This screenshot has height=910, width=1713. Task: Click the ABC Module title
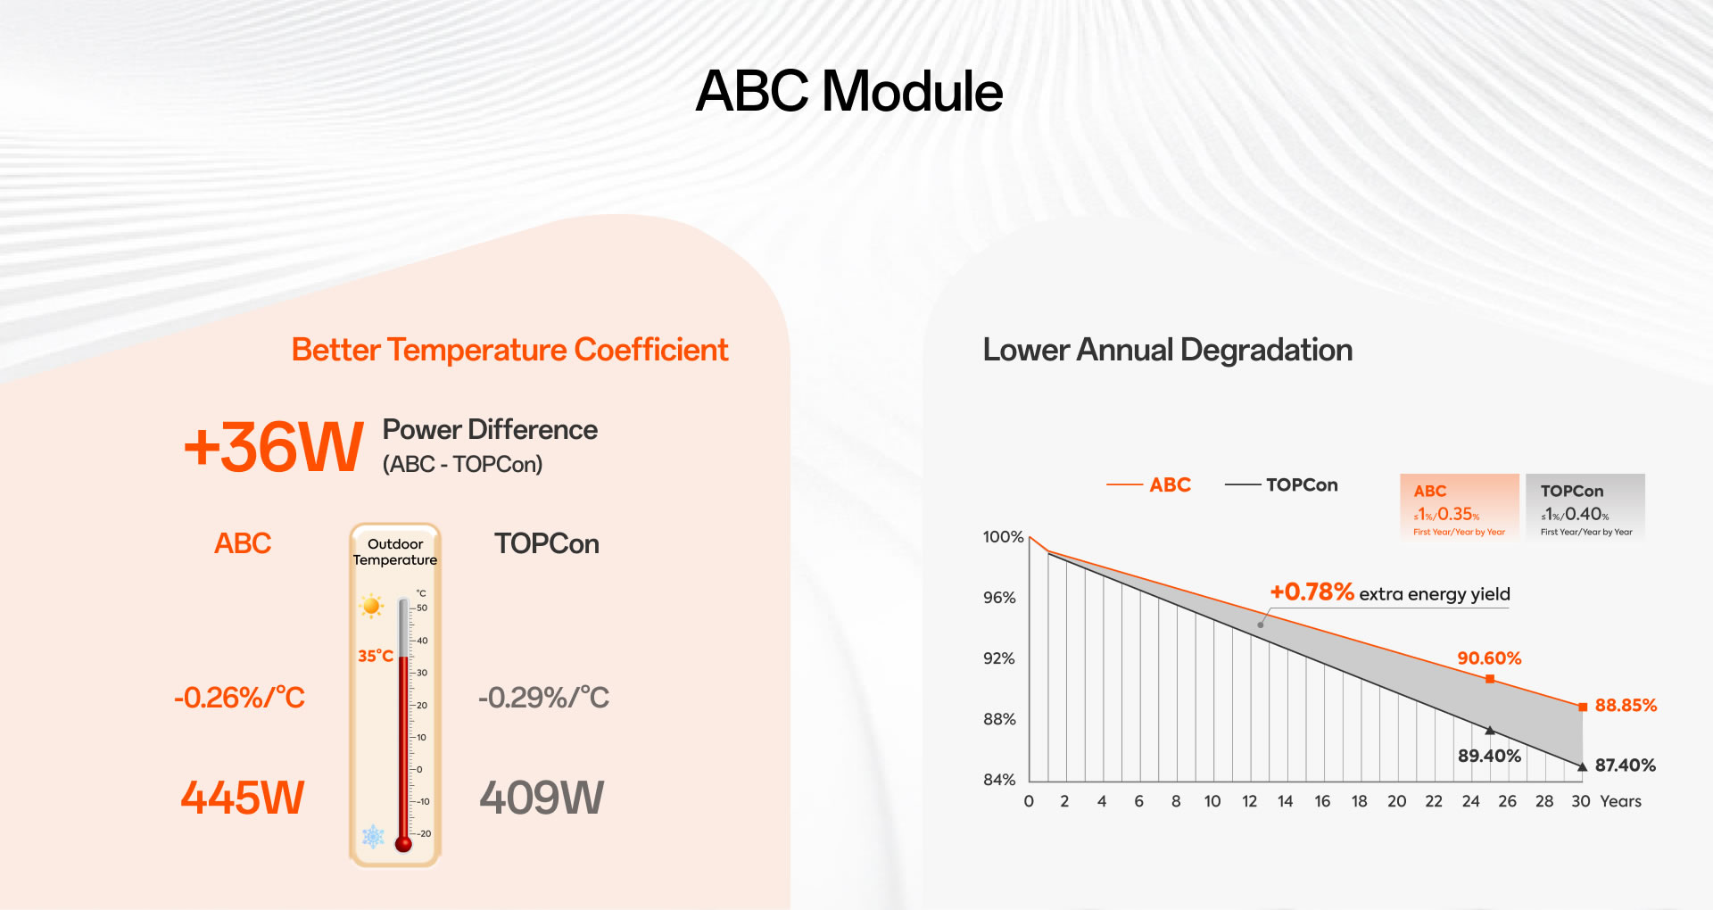tap(848, 91)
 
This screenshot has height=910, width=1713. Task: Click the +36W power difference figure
tap(273, 447)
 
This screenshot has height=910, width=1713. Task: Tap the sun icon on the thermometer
tap(371, 606)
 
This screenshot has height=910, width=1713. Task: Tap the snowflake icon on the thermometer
tap(373, 837)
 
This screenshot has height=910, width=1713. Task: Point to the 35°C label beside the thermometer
tap(375, 656)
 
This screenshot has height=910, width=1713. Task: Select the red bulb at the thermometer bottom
tap(403, 843)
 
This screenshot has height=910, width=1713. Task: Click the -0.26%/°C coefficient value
tap(239, 697)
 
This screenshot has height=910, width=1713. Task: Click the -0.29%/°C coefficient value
tap(543, 697)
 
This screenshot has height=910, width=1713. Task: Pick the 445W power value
tap(243, 798)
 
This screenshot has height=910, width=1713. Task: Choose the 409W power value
tap(542, 798)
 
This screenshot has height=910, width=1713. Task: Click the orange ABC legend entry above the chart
tap(1151, 484)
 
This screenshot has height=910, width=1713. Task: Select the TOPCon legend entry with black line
tap(1283, 484)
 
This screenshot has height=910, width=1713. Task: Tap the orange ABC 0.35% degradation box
tap(1459, 508)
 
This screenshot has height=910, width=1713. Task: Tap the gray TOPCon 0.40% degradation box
tap(1585, 508)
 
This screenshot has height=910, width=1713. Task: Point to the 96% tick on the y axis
tap(999, 598)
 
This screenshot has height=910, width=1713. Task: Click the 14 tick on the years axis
tap(1285, 801)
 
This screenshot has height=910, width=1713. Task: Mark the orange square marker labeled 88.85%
tap(1583, 707)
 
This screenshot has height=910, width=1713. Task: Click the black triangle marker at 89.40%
tap(1490, 731)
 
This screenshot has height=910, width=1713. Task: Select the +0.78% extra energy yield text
tap(1389, 592)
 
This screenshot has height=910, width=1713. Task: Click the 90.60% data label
tap(1489, 658)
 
